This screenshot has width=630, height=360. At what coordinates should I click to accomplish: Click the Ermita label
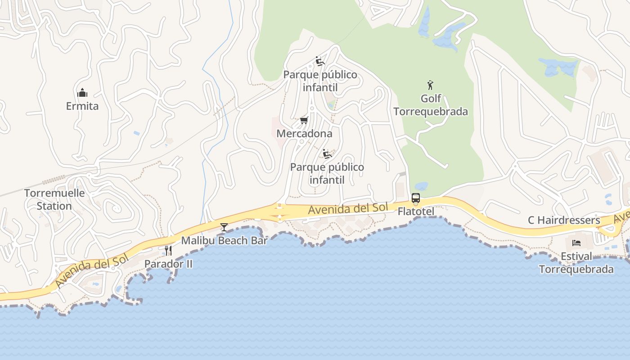[82, 106]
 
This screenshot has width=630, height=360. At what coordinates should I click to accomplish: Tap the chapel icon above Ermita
[82, 93]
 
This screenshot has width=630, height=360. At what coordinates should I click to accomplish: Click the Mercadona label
[304, 134]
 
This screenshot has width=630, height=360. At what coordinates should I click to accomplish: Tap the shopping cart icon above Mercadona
[304, 120]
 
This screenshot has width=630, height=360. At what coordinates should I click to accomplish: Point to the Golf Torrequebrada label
[431, 105]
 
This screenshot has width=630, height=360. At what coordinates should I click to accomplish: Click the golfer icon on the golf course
[430, 85]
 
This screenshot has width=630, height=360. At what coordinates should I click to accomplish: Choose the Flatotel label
[416, 211]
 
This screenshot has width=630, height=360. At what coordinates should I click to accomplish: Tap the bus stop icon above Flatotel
[415, 198]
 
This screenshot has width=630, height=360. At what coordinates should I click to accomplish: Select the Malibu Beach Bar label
[224, 240]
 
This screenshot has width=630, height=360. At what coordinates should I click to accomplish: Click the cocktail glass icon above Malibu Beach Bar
[224, 227]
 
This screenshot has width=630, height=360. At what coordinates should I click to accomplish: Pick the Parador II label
[168, 264]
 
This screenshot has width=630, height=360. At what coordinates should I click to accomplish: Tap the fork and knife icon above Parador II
[168, 251]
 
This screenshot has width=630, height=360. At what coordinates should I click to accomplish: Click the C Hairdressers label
[564, 220]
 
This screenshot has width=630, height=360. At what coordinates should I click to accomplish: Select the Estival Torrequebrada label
[576, 263]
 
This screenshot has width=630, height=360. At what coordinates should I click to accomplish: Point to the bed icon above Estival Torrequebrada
[576, 243]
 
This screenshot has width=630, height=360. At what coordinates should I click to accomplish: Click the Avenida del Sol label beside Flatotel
[348, 208]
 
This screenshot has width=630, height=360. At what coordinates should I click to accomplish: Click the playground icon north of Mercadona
[320, 61]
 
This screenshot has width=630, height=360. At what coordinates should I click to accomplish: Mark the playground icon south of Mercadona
[327, 154]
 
